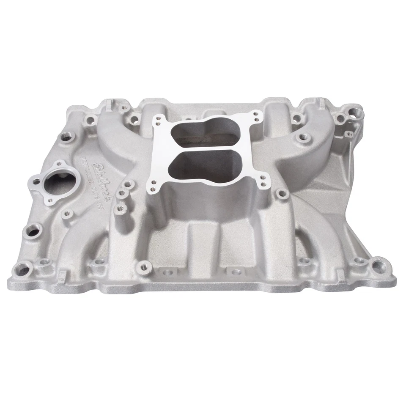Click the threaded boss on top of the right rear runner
click(302, 137)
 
